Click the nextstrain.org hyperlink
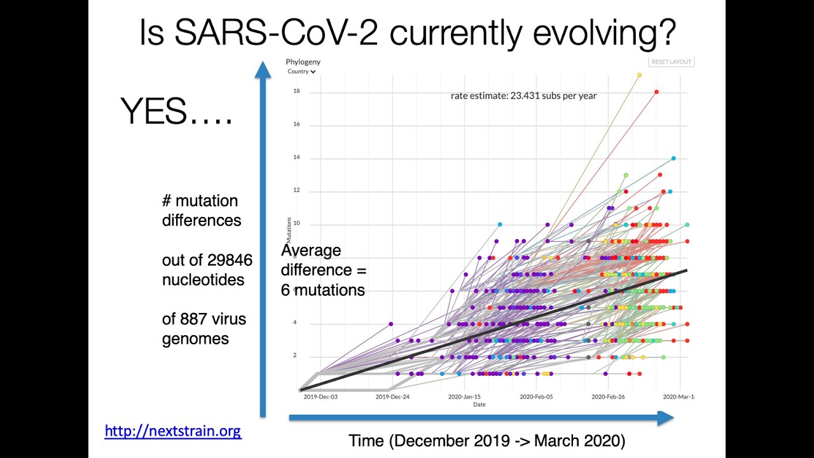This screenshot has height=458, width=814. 173,431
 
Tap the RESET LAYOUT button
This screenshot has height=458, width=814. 672,62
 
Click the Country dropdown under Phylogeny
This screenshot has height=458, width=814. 301,72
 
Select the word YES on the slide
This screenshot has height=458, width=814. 154,112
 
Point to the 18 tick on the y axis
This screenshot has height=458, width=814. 296,92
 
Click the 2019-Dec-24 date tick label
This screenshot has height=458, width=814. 392,397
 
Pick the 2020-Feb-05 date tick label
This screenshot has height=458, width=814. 536,397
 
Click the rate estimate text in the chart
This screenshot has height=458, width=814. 523,96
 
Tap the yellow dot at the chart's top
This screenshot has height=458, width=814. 639,75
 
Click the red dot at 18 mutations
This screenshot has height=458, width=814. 656,92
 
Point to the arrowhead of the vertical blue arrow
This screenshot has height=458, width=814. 263,69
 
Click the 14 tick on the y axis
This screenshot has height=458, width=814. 296,158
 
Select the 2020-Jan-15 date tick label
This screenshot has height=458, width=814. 464,397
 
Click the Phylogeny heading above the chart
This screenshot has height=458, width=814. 303,62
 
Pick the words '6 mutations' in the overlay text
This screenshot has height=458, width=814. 323,290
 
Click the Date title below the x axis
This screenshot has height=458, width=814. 479,405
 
